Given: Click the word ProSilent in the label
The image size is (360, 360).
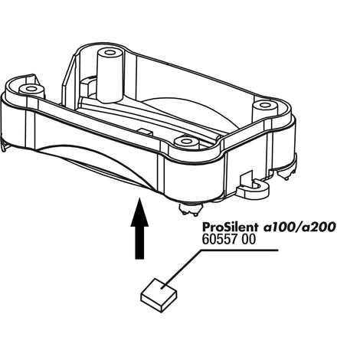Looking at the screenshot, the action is click(x=230, y=227).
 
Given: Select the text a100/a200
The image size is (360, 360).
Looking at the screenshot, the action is click(x=299, y=227).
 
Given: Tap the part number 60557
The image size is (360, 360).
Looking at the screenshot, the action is click(x=218, y=240).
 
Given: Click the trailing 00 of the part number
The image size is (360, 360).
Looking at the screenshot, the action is click(x=247, y=240).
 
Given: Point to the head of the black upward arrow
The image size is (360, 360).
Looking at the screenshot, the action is click(x=139, y=212).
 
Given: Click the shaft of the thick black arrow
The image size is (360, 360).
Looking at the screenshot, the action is click(x=139, y=243).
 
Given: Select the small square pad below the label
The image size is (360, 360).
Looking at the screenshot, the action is click(x=159, y=295).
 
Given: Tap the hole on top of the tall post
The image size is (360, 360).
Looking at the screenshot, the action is click(x=110, y=53).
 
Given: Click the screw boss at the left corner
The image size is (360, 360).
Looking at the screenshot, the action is click(x=31, y=90).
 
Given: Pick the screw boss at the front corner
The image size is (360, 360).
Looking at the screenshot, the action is click(x=186, y=142).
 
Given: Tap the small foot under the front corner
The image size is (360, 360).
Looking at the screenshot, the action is click(x=189, y=209).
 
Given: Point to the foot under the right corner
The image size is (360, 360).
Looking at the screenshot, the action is click(x=286, y=174).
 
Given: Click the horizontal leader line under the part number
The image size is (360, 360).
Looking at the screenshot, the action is click(x=240, y=250).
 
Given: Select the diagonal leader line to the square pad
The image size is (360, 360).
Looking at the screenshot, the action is click(x=182, y=270).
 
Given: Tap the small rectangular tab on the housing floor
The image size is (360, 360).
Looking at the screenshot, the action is click(x=145, y=131).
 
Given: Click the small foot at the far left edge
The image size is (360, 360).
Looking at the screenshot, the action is click(x=4, y=147).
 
